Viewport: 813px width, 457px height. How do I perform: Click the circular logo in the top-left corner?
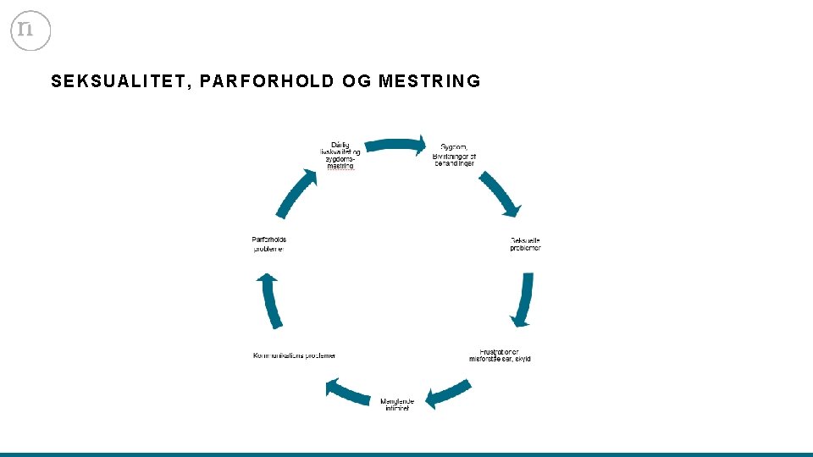coord(30,30)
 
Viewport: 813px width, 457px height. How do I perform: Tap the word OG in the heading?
coord(357,81)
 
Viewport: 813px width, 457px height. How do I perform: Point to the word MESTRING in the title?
coord(429,81)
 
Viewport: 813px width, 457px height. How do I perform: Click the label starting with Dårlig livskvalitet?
coord(340,155)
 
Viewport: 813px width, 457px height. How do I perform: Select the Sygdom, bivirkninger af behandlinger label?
coord(455,155)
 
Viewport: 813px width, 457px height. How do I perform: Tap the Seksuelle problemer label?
coord(525,244)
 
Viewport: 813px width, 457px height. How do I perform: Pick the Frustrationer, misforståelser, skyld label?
coord(500,355)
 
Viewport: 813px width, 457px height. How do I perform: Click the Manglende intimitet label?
coord(395,404)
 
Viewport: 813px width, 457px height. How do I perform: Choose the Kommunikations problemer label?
coord(294,355)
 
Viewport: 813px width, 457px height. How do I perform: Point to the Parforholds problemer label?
coord(269,244)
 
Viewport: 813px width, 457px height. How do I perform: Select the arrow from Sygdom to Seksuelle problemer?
coord(501,194)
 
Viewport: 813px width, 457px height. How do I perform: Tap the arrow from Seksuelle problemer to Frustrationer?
coord(524,299)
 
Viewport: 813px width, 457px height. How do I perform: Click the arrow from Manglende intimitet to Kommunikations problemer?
coord(347,392)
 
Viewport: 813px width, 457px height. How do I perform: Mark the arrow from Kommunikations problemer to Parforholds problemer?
coord(270,300)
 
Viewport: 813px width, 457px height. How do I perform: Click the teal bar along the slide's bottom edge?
coord(406,454)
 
